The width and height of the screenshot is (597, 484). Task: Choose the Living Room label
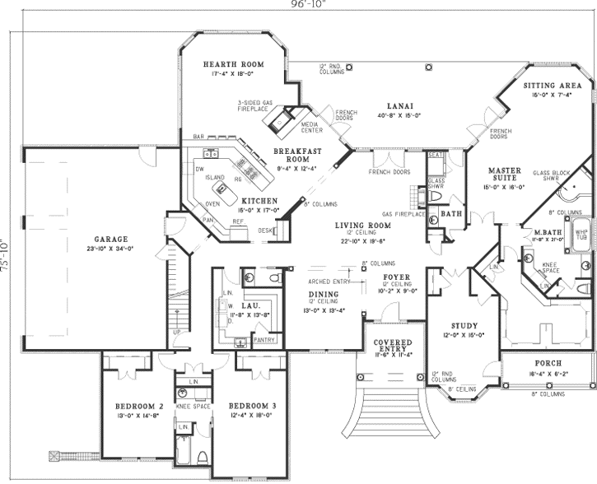pos(361,224)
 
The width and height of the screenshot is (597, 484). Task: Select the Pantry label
pos(265,338)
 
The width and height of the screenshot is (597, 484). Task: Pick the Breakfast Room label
pos(296,156)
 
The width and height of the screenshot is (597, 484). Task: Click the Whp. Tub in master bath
pos(581,232)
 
